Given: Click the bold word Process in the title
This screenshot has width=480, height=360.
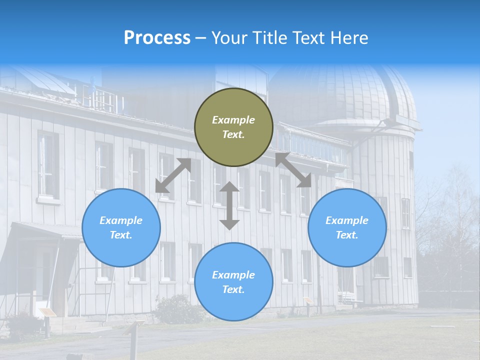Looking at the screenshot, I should [157, 38].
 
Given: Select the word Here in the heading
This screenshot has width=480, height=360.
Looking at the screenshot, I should [348, 38].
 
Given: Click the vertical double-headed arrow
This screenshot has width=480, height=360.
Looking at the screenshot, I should [229, 205].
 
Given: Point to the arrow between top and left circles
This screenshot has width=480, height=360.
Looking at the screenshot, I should [173, 175].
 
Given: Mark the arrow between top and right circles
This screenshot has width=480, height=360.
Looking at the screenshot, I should [293, 170].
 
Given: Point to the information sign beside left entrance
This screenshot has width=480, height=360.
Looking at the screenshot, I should [47, 313].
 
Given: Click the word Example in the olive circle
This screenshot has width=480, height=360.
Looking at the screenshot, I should [233, 120].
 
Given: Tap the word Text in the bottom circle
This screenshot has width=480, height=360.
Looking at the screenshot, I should [232, 289].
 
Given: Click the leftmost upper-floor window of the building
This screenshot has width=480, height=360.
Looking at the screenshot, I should [48, 165].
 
